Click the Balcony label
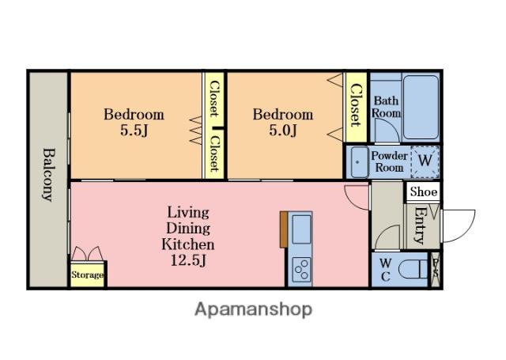tap(49, 175)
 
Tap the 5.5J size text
tap(134, 131)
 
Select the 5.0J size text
tap(283, 131)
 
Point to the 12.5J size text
tap(188, 260)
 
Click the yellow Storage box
tap(88, 275)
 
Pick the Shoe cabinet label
tap(424, 191)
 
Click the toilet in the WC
tap(413, 269)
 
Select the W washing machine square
tap(425, 161)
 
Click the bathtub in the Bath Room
tap(421, 107)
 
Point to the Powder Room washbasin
tap(359, 161)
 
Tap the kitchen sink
tap(301, 229)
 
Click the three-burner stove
tap(301, 269)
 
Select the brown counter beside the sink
tap(284, 229)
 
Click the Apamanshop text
tap(254, 310)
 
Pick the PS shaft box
tap(435, 270)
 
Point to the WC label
tap(385, 270)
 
